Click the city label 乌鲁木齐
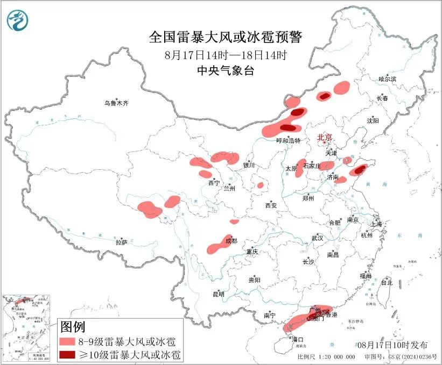(117, 103)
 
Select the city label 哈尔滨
(387, 79)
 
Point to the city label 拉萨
(121, 242)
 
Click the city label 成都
(231, 241)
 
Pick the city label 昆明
(218, 294)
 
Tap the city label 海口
(298, 339)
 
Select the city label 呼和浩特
(287, 140)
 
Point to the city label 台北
(386, 282)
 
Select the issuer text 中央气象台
(226, 70)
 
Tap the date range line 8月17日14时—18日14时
(226, 55)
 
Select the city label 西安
(270, 205)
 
